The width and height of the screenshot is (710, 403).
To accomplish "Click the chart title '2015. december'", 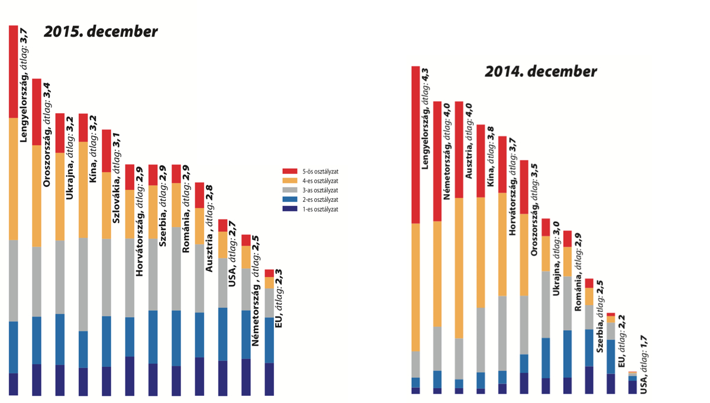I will click(101, 31).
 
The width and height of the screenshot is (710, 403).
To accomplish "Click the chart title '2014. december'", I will click(541, 72).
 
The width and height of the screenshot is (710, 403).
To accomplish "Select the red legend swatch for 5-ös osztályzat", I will click(289, 172).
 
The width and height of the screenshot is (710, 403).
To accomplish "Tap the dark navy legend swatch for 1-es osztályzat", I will click(289, 209).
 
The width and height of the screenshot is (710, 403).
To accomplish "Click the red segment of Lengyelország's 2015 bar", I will click(14, 71).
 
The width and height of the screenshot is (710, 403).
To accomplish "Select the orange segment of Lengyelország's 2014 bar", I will click(416, 287).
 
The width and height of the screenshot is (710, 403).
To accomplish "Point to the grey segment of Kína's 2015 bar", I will click(83, 284).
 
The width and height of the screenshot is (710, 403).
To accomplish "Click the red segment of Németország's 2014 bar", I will click(437, 161).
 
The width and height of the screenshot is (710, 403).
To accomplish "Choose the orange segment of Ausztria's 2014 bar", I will click(459, 267).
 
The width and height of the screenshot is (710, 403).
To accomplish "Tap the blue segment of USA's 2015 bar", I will click(222, 334).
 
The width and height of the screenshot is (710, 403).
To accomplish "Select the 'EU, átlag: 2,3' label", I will click(279, 298).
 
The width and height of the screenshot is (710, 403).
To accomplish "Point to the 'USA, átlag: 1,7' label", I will click(644, 364).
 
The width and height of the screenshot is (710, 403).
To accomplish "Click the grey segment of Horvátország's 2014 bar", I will click(502, 333).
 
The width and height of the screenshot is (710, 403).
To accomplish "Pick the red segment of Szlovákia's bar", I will click(106, 151).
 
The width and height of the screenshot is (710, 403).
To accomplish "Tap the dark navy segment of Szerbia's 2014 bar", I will click(589, 380).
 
